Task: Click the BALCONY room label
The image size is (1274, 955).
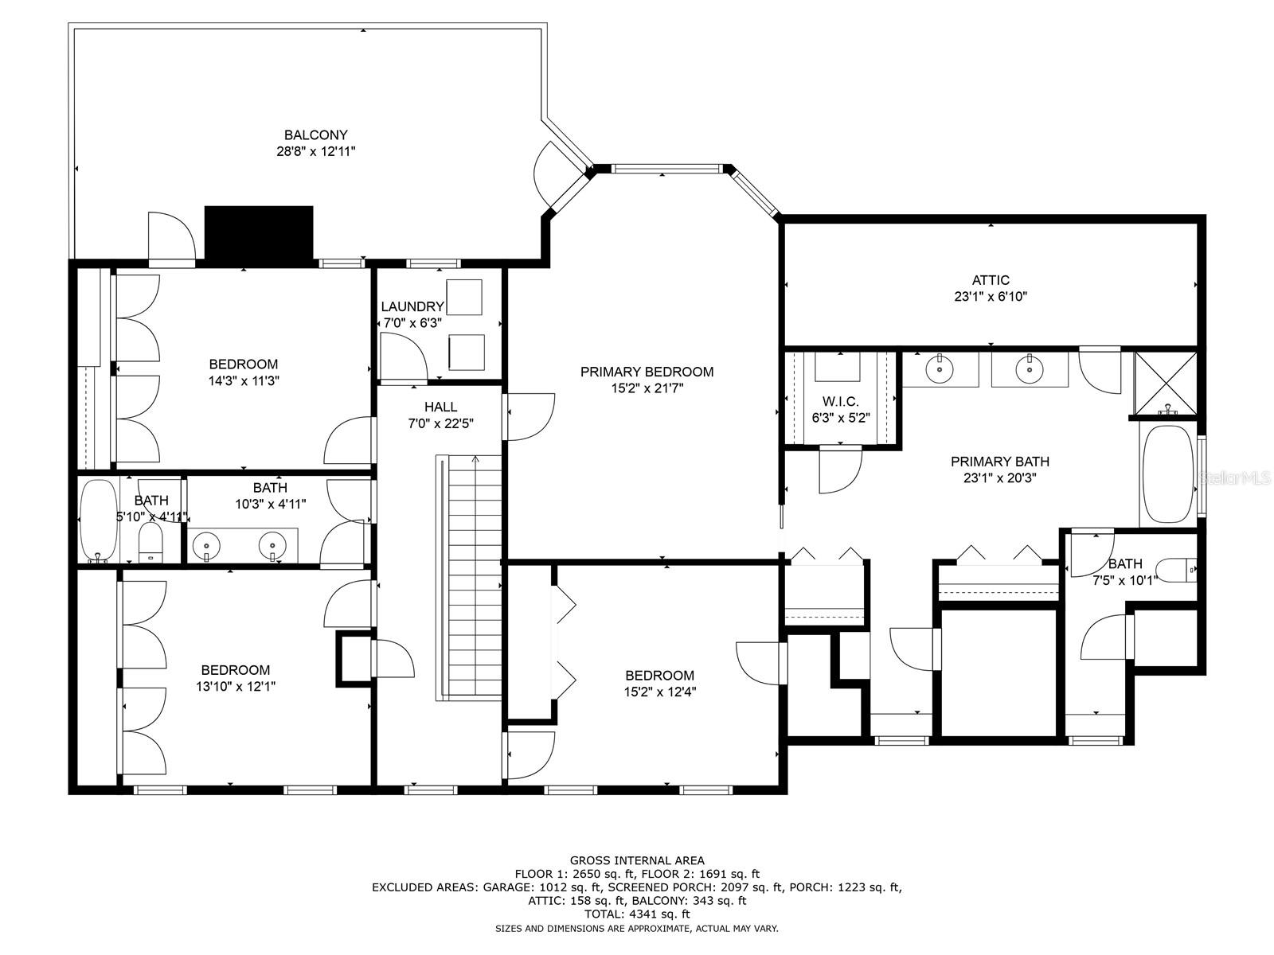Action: point(315,135)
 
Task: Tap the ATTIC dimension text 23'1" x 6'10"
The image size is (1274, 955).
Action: point(991,297)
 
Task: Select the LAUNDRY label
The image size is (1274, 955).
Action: point(412,306)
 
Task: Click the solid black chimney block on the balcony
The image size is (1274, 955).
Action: point(259,233)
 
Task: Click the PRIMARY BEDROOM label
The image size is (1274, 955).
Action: point(647,372)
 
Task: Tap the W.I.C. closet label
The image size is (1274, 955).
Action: point(840,402)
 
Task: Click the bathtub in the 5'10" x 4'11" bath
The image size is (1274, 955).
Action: point(98,520)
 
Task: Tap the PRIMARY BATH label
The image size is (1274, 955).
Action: point(999,462)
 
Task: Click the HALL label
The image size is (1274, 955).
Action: point(440,407)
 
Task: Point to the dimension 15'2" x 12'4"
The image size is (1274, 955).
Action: point(659,692)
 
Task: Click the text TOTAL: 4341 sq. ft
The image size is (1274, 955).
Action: point(636,914)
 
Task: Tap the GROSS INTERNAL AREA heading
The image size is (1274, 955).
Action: point(636,860)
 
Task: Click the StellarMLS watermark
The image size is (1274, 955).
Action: point(1237,478)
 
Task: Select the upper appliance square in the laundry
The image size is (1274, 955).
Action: point(464,298)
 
